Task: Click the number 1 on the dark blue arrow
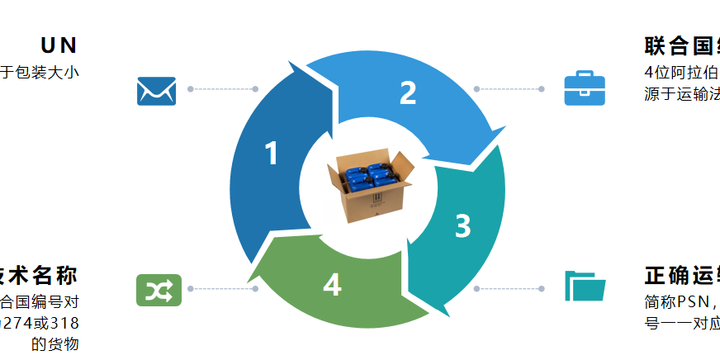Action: coord(272,154)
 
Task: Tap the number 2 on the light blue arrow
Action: coord(408,93)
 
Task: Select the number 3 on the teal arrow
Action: coord(463,225)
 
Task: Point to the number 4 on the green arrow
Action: coord(332,285)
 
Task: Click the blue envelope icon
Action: coord(157,91)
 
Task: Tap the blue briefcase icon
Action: coord(585,89)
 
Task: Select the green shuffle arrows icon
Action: coord(157,290)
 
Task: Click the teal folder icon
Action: coord(585,286)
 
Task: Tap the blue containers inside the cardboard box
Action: coord(368,176)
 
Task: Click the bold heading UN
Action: coord(59,45)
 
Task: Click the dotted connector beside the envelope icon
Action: coord(223,89)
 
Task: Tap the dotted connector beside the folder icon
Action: coord(508,289)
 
